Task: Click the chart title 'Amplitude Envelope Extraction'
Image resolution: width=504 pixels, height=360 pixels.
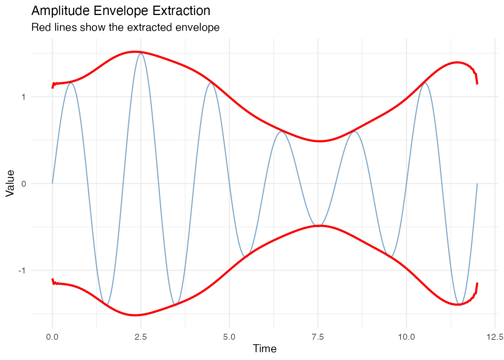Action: (121, 11)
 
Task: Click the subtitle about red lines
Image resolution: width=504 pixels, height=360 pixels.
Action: (125, 28)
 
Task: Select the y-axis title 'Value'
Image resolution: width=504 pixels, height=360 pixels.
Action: (10, 183)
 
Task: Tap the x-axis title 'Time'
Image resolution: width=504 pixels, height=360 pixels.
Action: (265, 349)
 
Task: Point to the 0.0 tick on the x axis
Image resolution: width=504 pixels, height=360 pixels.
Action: (52, 337)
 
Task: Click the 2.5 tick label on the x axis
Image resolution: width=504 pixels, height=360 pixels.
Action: (141, 337)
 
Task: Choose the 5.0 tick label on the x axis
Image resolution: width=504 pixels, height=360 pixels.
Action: (229, 337)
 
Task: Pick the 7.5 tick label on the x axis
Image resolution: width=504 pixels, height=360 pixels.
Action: (318, 337)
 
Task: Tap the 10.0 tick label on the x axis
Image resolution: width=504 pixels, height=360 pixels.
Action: (406, 337)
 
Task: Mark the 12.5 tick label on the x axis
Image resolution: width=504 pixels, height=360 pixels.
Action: (495, 337)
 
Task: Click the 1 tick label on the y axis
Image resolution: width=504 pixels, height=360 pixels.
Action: (23, 97)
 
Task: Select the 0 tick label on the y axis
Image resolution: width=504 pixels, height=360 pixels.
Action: (23, 184)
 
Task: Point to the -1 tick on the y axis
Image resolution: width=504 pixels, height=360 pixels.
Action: (22, 270)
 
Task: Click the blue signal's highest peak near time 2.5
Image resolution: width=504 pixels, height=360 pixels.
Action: (141, 54)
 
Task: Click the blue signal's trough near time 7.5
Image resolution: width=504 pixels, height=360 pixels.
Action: (318, 226)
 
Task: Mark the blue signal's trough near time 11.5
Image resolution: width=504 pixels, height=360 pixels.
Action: (459, 304)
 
